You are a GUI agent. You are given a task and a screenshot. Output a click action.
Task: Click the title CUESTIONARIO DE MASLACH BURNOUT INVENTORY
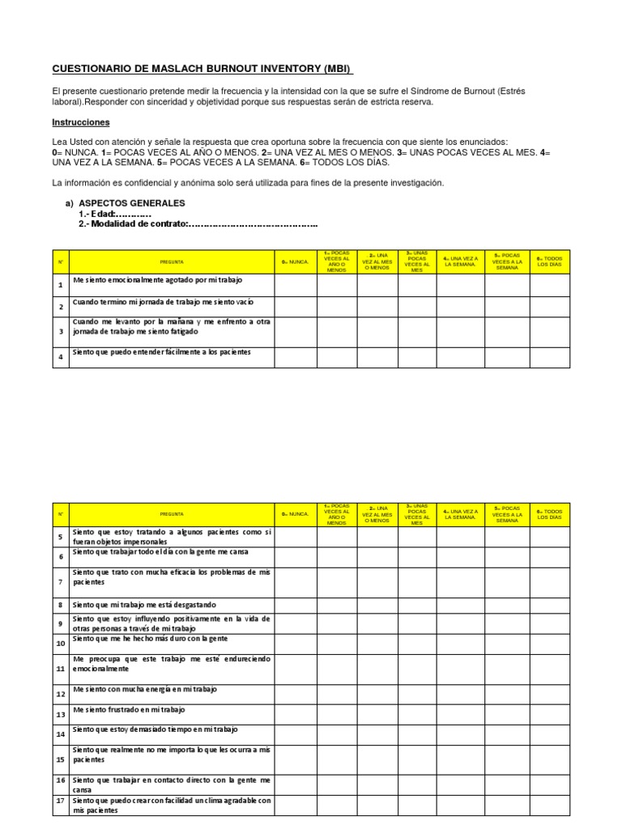[203, 69]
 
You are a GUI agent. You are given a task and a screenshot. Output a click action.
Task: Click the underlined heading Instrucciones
[80, 122]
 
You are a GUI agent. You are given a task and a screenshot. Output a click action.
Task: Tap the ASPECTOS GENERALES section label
[132, 203]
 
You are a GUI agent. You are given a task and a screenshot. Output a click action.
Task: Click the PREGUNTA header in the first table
[172, 261]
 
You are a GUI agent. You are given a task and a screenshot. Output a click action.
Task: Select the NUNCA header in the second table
[295, 514]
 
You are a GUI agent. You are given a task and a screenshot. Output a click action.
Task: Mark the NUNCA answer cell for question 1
[295, 286]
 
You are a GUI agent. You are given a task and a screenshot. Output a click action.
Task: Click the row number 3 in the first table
[61, 330]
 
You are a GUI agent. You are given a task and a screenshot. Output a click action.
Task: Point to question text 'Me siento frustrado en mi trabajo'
[129, 710]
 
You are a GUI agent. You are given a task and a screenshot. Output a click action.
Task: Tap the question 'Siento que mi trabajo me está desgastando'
[144, 605]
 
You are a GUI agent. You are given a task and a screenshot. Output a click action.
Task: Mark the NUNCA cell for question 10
[295, 643]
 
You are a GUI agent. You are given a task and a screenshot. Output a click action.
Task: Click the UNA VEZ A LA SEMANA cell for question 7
[460, 580]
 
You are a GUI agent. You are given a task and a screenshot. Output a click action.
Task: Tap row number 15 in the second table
[61, 759]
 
